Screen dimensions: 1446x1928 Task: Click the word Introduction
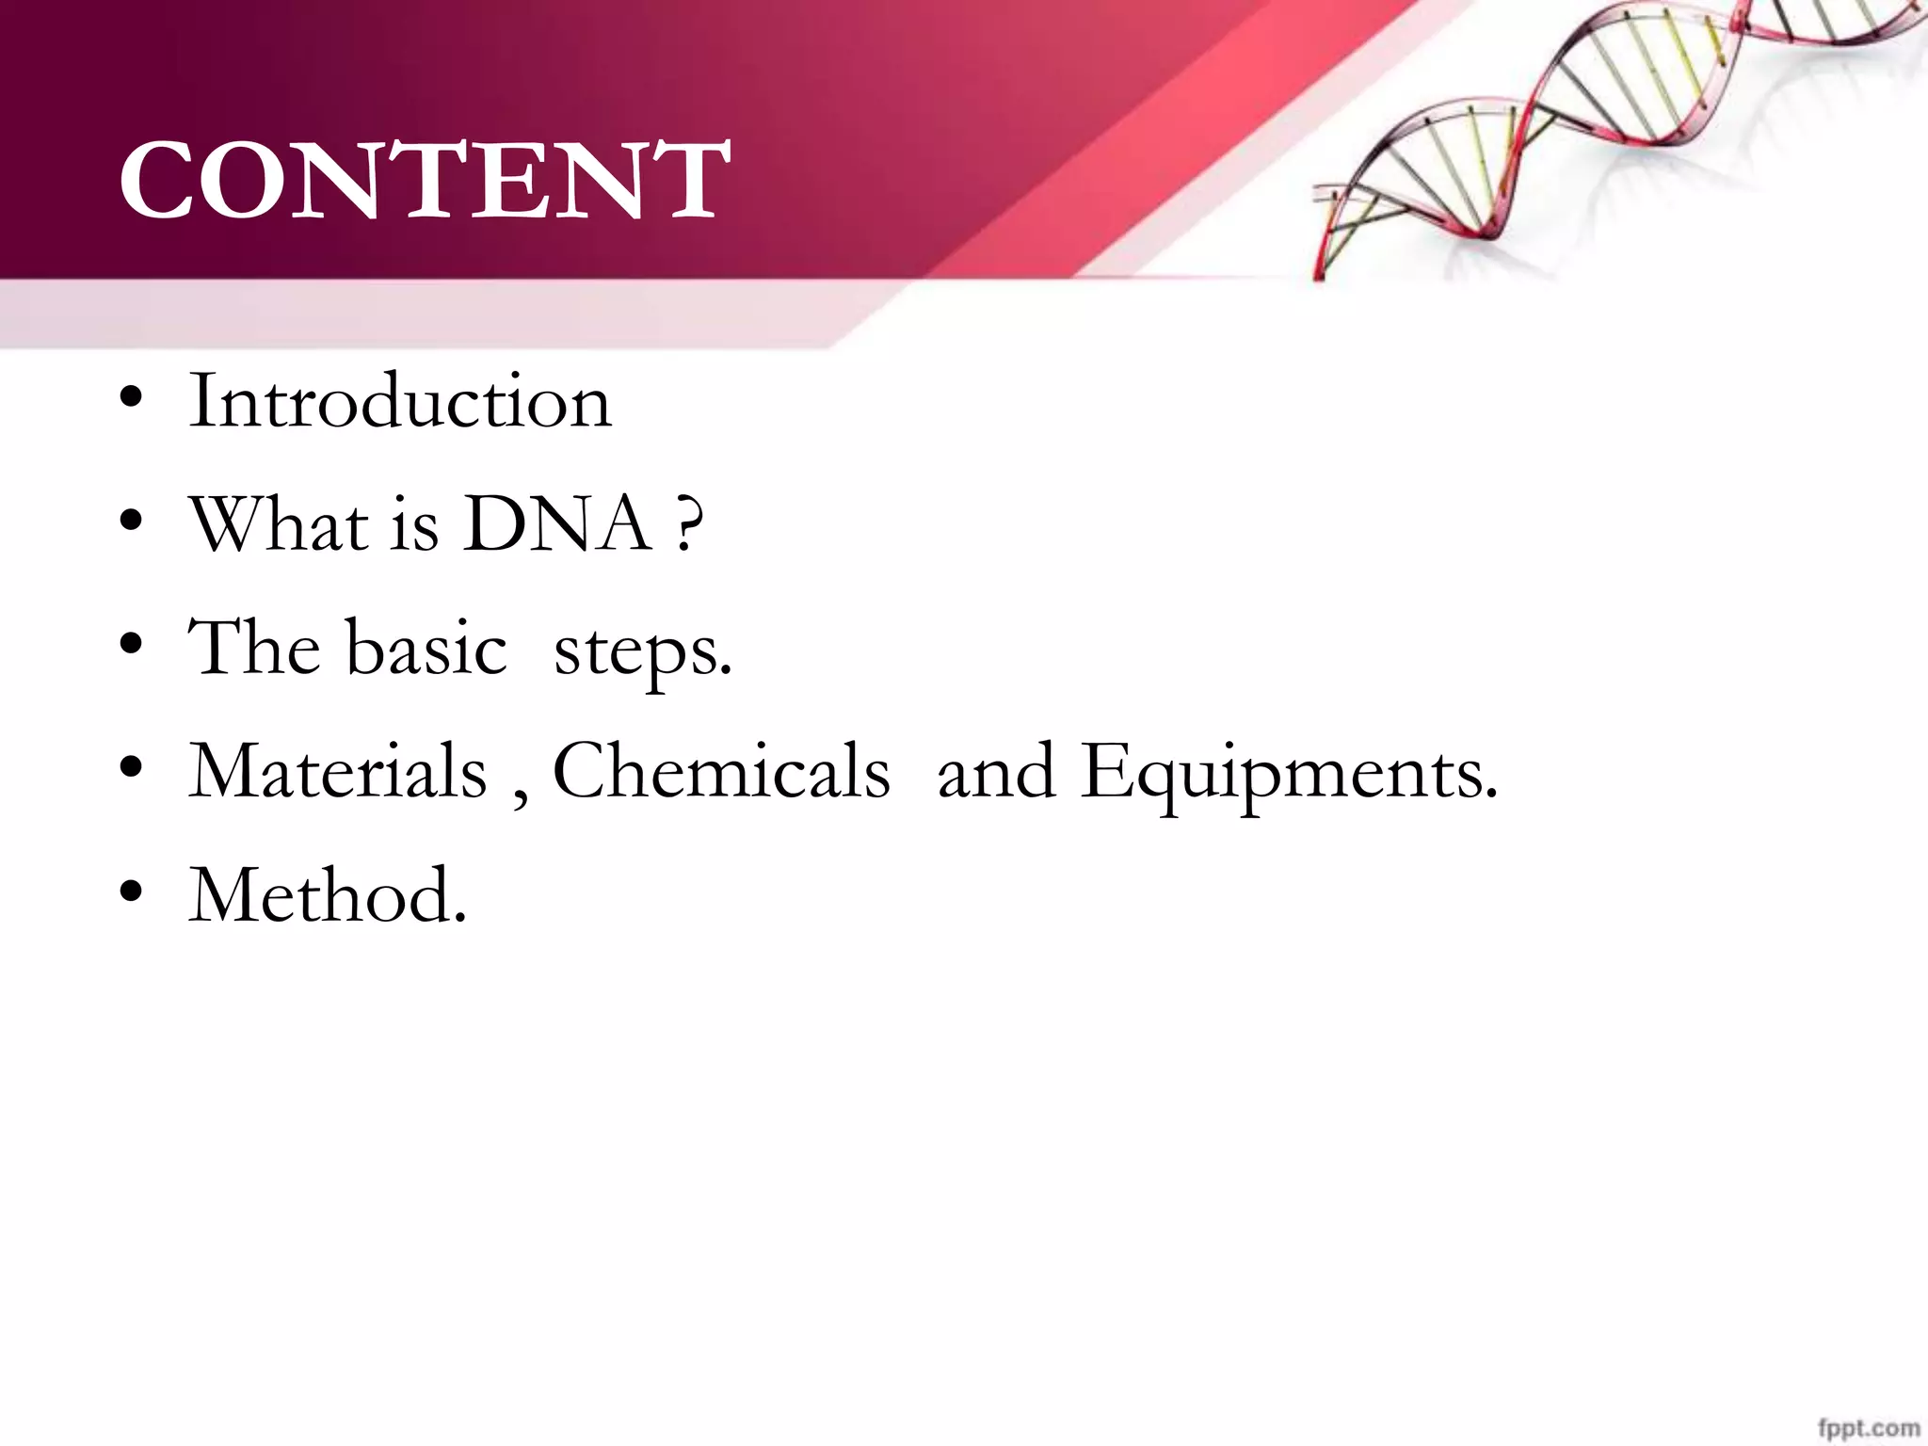tap(400, 401)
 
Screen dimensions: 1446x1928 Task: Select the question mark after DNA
tap(689, 525)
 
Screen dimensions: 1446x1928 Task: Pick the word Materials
tap(338, 771)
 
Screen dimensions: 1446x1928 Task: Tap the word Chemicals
tap(721, 771)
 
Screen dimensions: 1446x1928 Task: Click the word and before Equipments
tap(995, 771)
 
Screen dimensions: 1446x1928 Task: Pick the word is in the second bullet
tap(414, 525)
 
